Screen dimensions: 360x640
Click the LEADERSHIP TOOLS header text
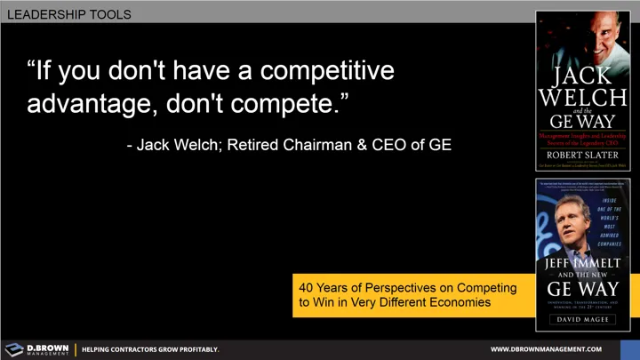tap(68, 14)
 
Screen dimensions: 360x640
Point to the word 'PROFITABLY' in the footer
tap(194, 349)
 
